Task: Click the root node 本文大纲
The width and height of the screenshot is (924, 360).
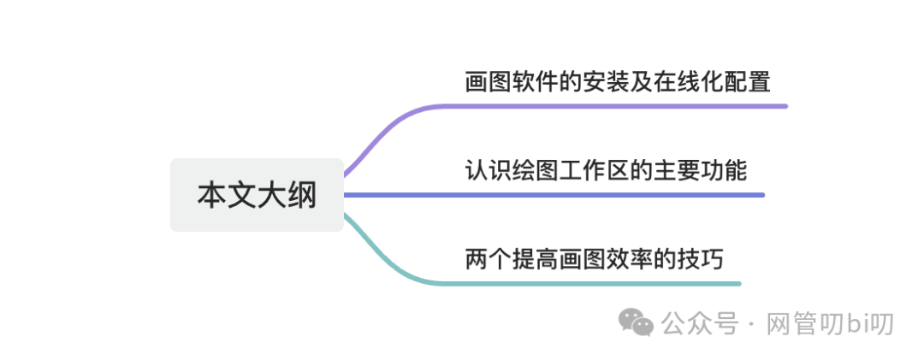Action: pos(257,195)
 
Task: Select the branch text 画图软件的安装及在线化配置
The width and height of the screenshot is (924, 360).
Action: pos(618,82)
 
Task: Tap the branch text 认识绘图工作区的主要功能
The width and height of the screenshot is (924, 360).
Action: pos(606,171)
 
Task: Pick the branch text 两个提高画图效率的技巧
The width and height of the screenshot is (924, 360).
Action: pos(594,258)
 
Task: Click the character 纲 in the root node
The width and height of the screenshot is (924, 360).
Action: pos(301,195)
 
